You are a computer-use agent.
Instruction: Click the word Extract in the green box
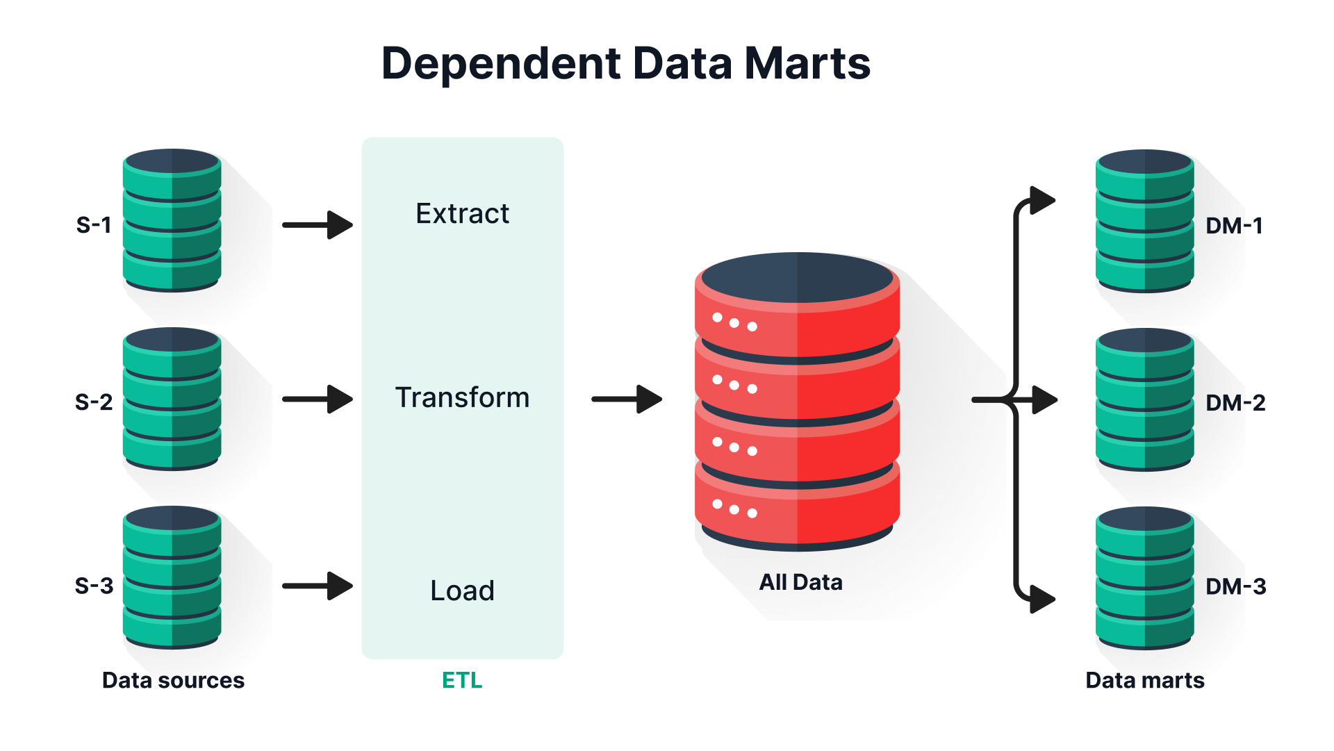(x=462, y=213)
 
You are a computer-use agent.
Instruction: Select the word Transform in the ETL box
(x=462, y=397)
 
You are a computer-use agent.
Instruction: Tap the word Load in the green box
(x=462, y=591)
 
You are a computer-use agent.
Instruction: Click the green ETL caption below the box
(x=462, y=680)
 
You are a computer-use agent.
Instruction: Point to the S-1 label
(x=94, y=225)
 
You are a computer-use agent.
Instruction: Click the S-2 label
(x=94, y=402)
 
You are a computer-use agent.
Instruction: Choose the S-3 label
(x=94, y=586)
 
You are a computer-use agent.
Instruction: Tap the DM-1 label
(x=1234, y=226)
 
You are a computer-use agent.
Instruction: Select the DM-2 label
(x=1235, y=403)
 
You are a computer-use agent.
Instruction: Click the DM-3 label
(x=1235, y=586)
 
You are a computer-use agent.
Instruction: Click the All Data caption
(x=800, y=582)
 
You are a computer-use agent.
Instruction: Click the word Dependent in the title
(x=501, y=64)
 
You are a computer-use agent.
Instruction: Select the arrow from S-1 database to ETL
(x=318, y=225)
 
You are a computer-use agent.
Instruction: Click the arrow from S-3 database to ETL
(x=318, y=586)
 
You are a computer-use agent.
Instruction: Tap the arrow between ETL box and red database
(x=627, y=399)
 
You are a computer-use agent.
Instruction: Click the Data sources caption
(x=173, y=680)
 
